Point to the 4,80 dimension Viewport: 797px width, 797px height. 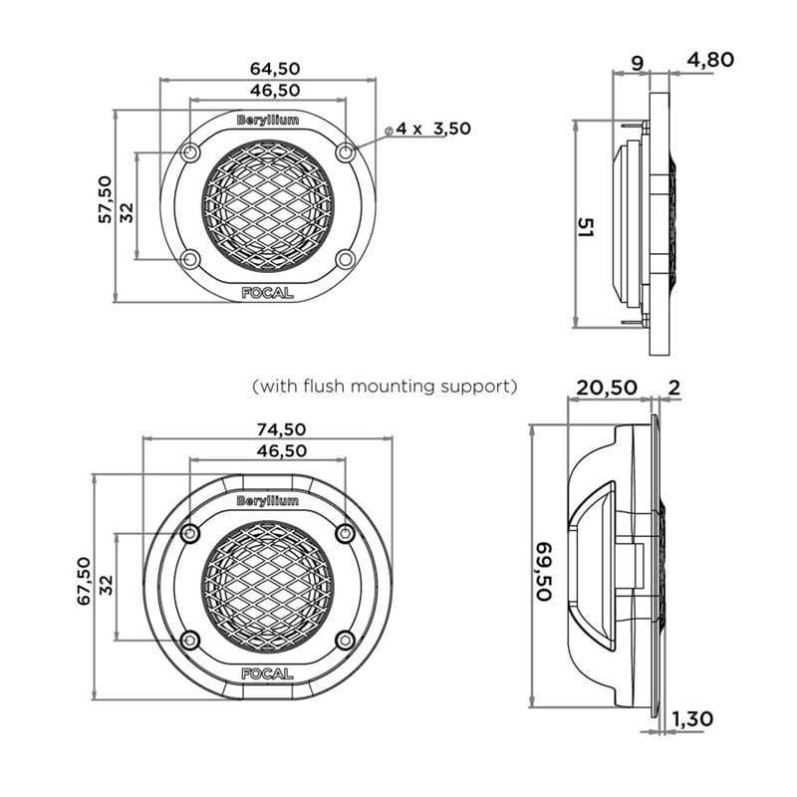709,60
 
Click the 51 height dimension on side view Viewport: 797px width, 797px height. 586,227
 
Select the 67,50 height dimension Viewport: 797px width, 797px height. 84,580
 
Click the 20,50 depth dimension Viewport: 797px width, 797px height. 607,388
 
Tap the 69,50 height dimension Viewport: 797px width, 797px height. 544,571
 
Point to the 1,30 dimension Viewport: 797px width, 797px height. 692,718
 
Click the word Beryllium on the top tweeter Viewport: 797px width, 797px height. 267,120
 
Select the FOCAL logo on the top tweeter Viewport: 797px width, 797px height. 267,293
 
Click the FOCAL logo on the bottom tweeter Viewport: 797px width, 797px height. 267,673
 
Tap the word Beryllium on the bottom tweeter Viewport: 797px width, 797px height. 267,500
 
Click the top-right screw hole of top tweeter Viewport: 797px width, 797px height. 345,152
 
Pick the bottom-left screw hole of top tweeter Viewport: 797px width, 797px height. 191,259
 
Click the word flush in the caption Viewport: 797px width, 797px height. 327,385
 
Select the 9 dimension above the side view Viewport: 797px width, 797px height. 638,62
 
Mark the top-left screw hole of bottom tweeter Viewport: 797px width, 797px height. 190,534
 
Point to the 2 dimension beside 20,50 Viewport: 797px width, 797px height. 674,388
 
